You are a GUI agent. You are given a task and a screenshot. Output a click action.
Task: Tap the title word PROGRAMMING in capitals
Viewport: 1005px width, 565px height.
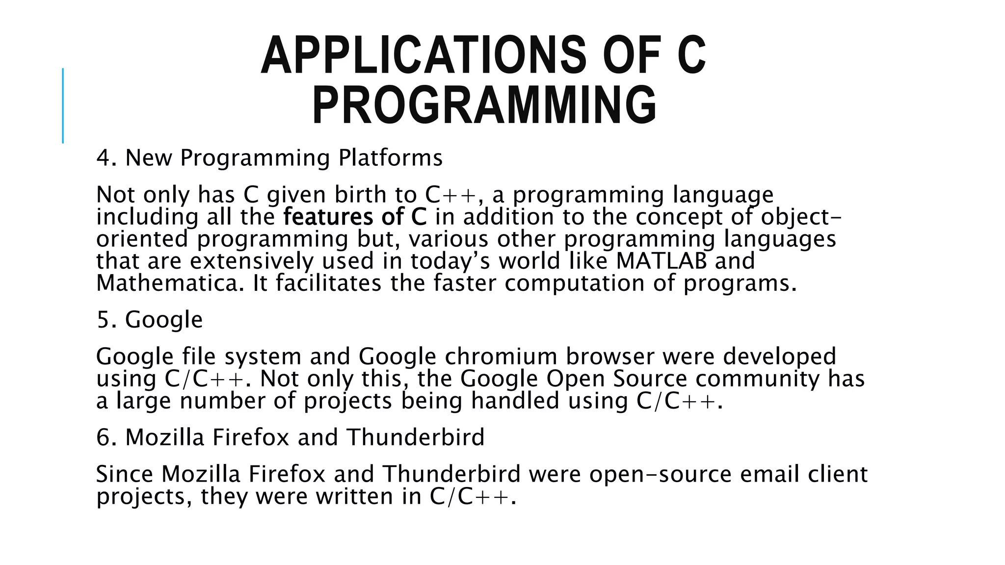[x=484, y=105]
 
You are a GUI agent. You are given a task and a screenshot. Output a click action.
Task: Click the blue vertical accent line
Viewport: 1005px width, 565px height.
[x=63, y=105]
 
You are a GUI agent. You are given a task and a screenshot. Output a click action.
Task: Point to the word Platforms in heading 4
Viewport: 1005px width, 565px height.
[x=390, y=158]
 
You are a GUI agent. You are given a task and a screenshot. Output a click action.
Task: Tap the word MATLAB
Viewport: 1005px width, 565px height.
[x=661, y=261]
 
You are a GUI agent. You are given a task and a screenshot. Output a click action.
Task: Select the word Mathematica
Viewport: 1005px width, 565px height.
[x=170, y=283]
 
